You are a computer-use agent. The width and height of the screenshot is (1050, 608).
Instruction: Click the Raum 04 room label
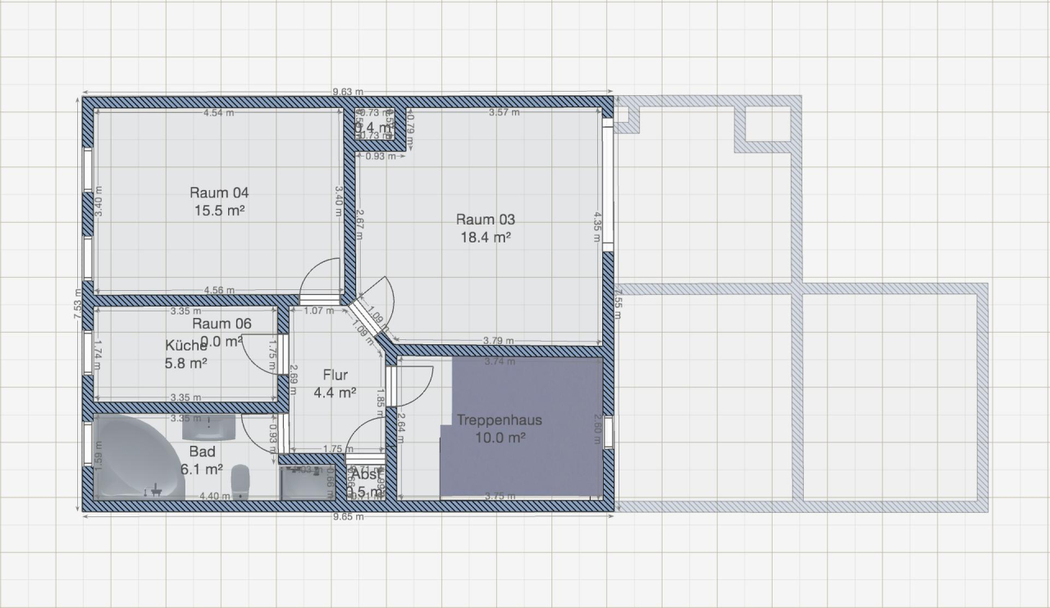coord(219,193)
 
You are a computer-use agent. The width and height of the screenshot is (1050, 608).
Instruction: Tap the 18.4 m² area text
coord(486,237)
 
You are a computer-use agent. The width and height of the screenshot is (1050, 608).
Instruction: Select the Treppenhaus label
coord(500,420)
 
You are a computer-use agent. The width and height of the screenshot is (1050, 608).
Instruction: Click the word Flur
coord(335,375)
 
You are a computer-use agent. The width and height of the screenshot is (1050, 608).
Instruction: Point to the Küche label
coord(185,345)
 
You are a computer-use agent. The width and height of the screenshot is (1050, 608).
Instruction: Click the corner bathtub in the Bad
coord(131,459)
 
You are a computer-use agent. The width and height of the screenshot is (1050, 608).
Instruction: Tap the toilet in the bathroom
coord(240,480)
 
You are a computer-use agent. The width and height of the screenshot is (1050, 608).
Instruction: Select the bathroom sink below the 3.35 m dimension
coord(208,427)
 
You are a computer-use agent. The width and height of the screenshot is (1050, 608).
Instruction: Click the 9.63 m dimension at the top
coord(348,92)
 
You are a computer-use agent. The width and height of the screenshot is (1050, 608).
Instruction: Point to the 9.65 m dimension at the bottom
coord(348,517)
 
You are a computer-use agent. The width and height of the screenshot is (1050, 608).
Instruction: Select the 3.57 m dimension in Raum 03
coord(504,112)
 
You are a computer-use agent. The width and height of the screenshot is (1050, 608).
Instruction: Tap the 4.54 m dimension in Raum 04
coord(218,112)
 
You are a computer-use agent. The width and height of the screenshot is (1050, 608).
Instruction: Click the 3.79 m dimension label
coord(499,341)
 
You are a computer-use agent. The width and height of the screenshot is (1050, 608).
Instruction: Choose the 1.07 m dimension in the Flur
coord(318,311)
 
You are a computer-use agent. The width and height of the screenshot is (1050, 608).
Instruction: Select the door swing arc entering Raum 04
coord(320,279)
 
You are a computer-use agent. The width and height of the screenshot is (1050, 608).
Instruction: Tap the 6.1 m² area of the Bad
coord(202,470)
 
